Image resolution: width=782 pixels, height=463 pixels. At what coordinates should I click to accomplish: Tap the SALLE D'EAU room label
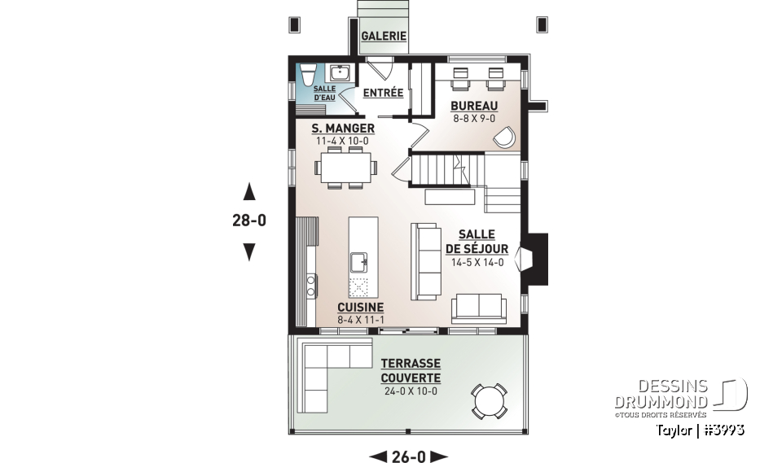[x=324, y=92]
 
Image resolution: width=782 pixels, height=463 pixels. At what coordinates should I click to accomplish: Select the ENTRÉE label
[x=383, y=93]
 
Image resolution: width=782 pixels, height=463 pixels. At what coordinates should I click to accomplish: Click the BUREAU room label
[x=475, y=106]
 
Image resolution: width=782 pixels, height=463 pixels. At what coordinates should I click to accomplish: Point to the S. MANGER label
[x=343, y=129]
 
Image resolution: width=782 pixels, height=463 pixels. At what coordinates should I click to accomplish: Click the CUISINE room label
[x=360, y=307]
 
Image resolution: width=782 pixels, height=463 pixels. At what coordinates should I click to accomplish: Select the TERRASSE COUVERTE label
[x=410, y=370]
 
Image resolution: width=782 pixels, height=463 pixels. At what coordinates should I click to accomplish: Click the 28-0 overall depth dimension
[x=250, y=220]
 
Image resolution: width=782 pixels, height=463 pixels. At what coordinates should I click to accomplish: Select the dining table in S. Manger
[x=346, y=167]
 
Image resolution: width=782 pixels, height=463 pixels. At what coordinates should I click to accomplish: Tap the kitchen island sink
[x=358, y=261]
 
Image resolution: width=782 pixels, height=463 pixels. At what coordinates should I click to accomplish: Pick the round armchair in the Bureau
[x=504, y=137]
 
